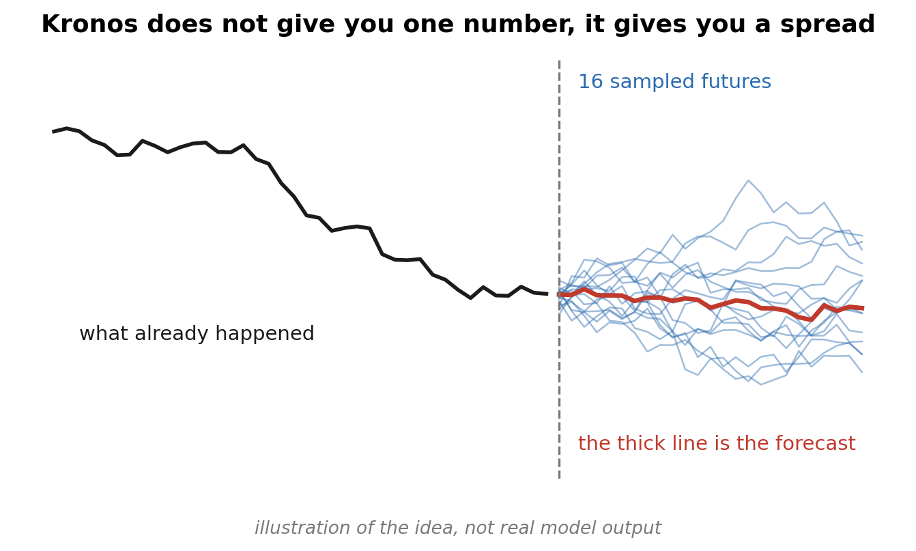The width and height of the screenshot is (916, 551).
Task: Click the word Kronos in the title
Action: point(89,25)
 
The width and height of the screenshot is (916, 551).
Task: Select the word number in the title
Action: point(519,25)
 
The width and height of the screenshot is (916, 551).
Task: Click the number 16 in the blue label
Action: point(590,82)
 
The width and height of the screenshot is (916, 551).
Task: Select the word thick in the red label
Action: point(637,443)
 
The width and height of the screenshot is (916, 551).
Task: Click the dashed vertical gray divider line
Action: point(559,269)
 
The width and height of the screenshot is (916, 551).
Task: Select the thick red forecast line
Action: point(710,304)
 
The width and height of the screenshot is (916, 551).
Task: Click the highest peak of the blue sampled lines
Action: point(748,180)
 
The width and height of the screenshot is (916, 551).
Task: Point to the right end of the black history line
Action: point(547,294)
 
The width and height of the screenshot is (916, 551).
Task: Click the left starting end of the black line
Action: point(53,132)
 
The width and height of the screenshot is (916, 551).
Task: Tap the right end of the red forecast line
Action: point(863,309)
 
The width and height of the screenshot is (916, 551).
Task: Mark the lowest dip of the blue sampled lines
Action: point(760,384)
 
